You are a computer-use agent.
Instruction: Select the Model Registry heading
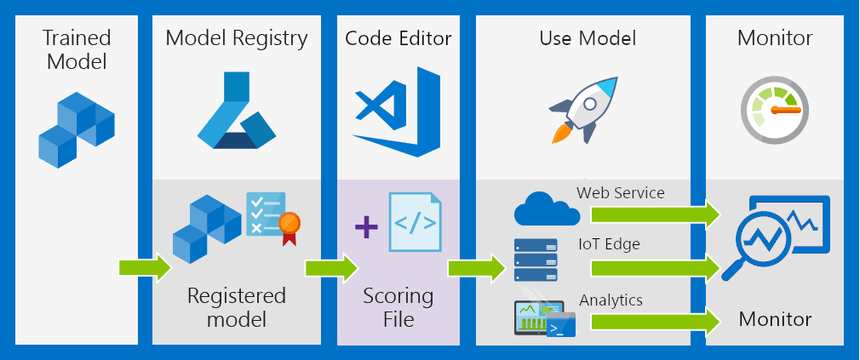[x=237, y=38]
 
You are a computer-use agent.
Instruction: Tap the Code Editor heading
[x=398, y=38]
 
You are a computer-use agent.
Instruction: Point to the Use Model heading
[x=588, y=38]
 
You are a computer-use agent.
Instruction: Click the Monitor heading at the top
[x=774, y=38]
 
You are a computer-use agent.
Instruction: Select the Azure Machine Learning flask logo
[x=236, y=111]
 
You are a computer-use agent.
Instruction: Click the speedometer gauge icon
[x=773, y=111]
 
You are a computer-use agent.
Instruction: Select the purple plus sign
[x=366, y=227]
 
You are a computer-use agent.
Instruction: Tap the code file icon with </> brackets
[x=415, y=222]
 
